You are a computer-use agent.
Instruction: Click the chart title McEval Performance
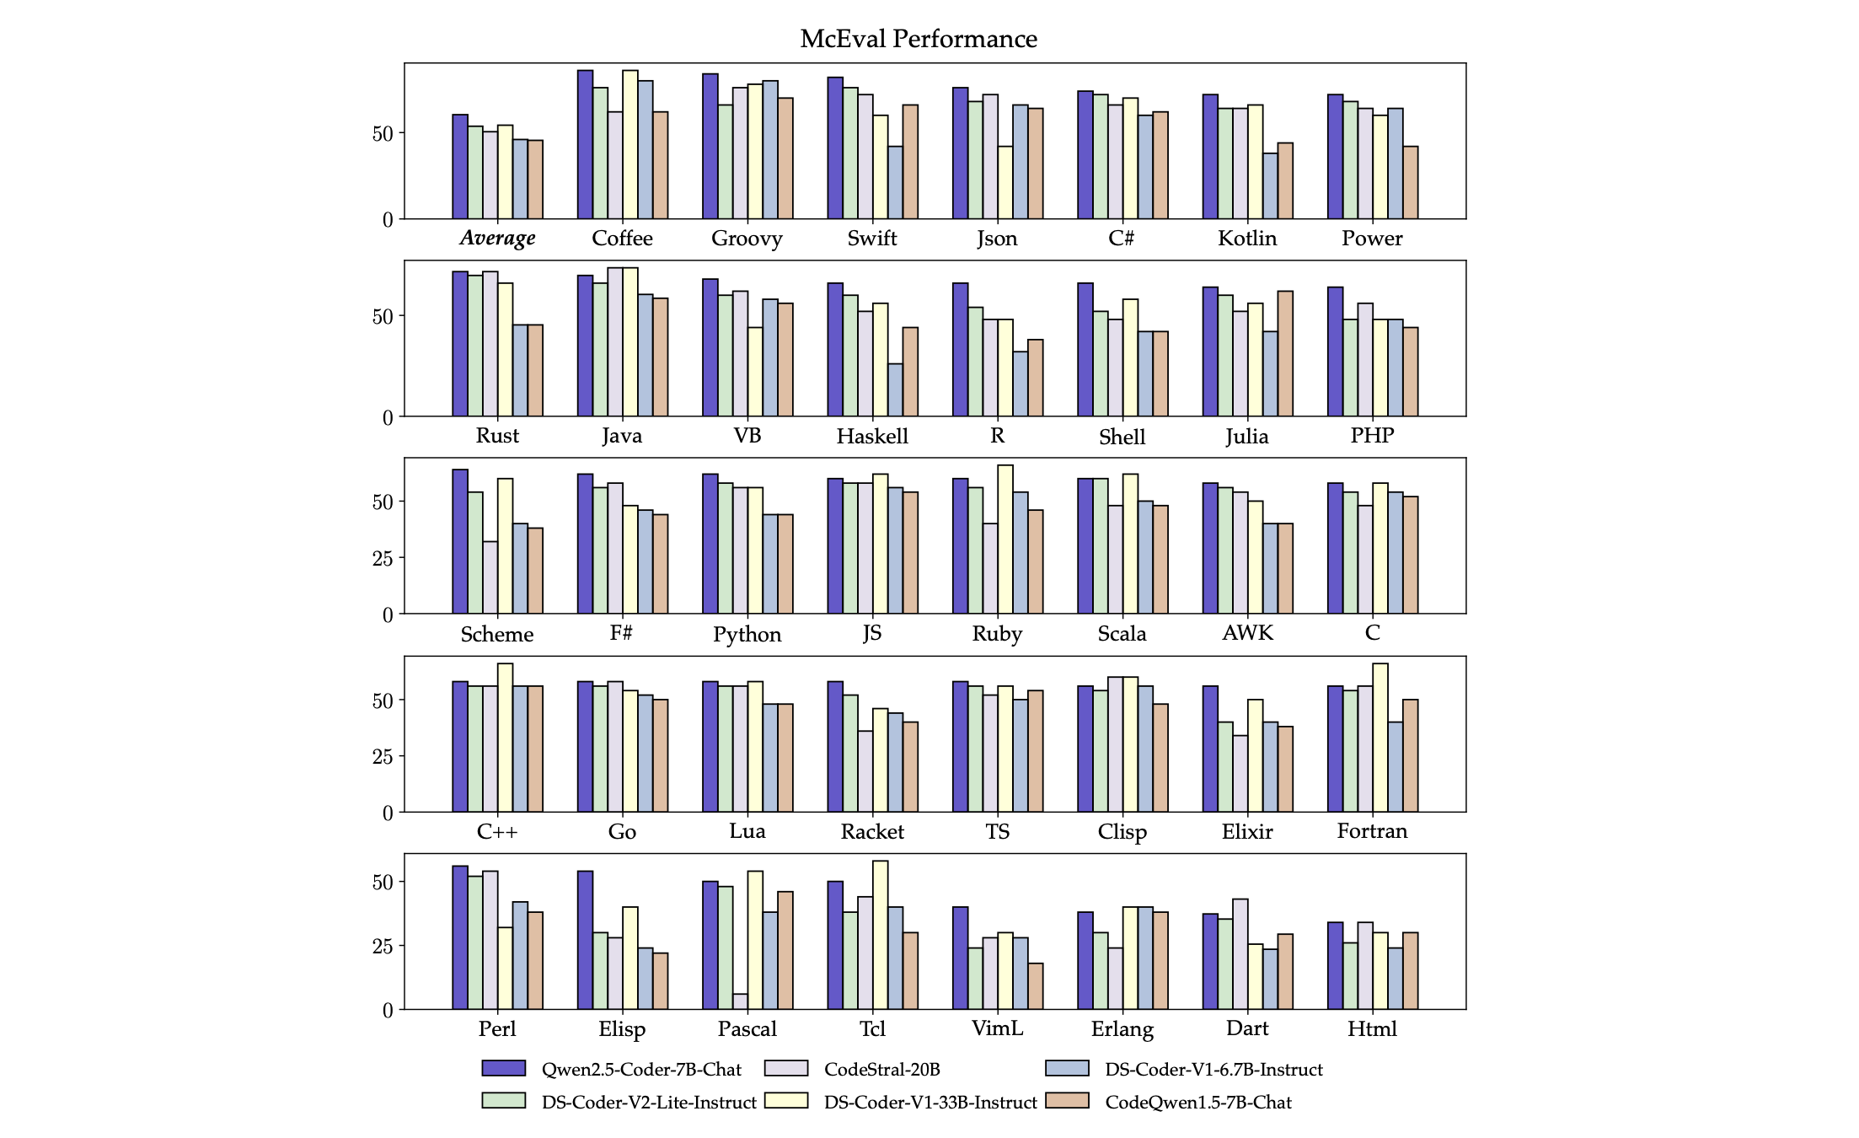[x=919, y=39]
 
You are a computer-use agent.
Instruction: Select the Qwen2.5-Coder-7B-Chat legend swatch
[x=503, y=1068]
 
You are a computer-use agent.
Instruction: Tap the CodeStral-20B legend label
[x=881, y=1070]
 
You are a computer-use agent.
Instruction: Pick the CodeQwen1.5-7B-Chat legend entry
[x=1197, y=1103]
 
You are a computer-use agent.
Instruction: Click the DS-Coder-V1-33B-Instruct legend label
[x=930, y=1103]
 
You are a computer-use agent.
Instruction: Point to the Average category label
[x=497, y=239]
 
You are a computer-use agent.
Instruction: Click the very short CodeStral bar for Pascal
[x=740, y=1001]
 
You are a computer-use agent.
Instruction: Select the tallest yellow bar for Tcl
[x=880, y=935]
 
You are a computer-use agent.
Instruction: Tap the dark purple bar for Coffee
[x=585, y=144]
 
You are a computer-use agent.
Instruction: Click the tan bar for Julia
[x=1285, y=354]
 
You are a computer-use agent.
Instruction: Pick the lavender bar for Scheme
[x=490, y=577]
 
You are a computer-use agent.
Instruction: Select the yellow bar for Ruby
[x=1005, y=539]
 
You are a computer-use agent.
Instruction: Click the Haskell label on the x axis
[x=872, y=437]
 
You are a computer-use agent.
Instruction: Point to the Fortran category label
[x=1372, y=831]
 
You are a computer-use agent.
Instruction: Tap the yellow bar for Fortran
[x=1380, y=738]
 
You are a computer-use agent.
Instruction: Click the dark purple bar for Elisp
[x=585, y=940]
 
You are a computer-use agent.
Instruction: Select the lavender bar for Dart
[x=1240, y=954]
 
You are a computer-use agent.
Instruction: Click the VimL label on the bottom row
[x=997, y=1028]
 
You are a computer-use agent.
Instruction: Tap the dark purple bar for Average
[x=460, y=167]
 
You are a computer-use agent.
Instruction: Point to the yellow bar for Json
[x=1005, y=183]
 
